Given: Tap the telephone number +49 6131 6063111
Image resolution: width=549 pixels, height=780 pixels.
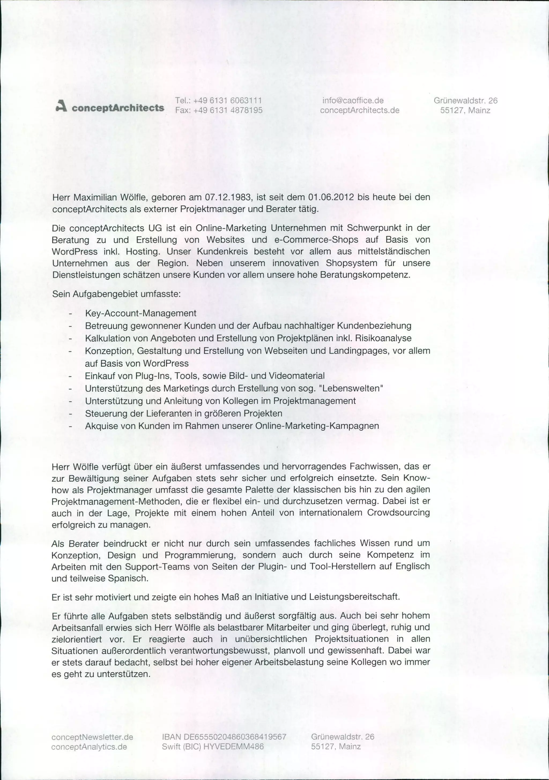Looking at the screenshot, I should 227,101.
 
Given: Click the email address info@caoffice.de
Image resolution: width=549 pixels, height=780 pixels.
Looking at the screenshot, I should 353,101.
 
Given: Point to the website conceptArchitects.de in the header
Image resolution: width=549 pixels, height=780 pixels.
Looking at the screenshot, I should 359,110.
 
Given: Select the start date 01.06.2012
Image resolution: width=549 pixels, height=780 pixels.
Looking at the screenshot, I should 331,197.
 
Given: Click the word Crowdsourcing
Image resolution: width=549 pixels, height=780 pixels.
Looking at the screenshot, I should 398,513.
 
